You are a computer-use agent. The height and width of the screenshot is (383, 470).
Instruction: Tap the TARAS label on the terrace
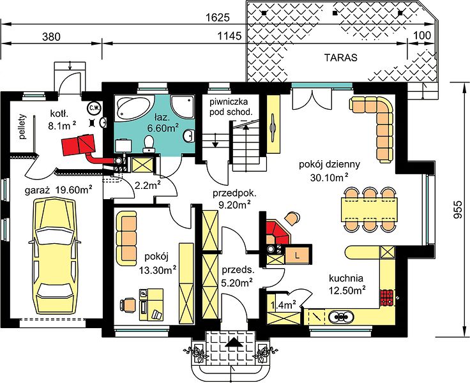click(x=341, y=57)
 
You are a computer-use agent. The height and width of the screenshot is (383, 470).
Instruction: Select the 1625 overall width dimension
click(x=218, y=18)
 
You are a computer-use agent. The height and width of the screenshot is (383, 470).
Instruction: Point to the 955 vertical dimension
click(x=457, y=210)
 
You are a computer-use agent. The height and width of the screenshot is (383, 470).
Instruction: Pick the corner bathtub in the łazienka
click(x=132, y=108)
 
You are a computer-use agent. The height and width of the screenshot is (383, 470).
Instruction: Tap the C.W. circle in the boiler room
click(x=94, y=108)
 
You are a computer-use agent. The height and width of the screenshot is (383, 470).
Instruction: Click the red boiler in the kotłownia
click(x=78, y=145)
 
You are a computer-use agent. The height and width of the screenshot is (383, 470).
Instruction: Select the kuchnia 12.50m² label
click(x=346, y=284)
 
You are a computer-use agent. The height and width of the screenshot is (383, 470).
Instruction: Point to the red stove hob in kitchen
click(x=388, y=297)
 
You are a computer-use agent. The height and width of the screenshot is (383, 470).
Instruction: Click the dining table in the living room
click(x=369, y=209)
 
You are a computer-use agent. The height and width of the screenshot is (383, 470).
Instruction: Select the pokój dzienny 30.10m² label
click(x=330, y=171)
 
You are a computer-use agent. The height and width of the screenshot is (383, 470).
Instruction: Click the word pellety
click(x=23, y=127)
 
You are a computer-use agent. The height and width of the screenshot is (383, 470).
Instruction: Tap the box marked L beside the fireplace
click(x=297, y=256)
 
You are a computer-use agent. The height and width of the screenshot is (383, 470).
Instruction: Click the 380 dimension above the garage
click(x=51, y=36)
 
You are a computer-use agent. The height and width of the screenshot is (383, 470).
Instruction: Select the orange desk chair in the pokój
click(x=128, y=305)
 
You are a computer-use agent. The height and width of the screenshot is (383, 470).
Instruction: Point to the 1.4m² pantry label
click(x=284, y=305)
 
